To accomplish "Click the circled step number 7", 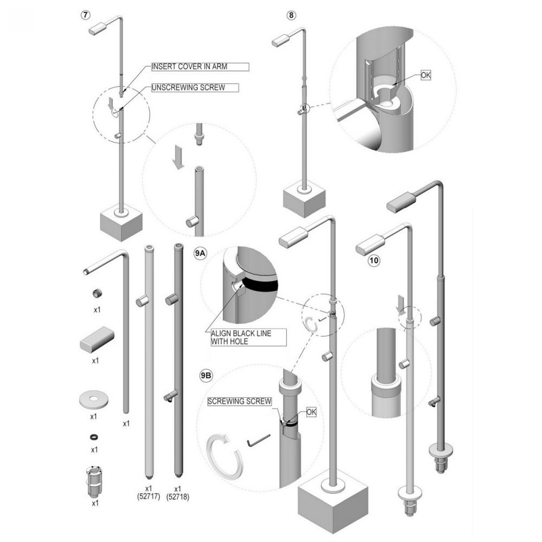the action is (x=86, y=14).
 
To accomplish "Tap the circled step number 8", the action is (x=291, y=15).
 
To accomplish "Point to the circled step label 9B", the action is (x=206, y=376).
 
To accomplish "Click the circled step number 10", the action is (x=374, y=261).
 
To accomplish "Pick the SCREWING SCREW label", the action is (x=239, y=401).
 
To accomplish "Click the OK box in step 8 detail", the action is (x=425, y=75).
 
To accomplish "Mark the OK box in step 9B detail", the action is (x=311, y=412).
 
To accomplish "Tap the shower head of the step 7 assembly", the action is (x=97, y=29).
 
